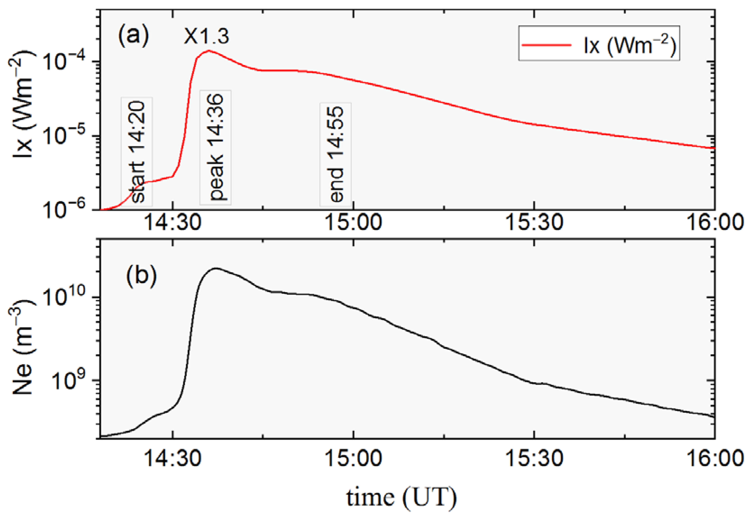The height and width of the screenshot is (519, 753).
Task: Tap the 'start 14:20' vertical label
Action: pos(137,151)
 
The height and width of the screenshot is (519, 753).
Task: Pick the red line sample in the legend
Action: pos(546,45)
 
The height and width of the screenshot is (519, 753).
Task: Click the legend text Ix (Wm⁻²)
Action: pos(630,46)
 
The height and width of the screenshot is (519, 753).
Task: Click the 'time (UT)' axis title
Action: pos(401,498)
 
